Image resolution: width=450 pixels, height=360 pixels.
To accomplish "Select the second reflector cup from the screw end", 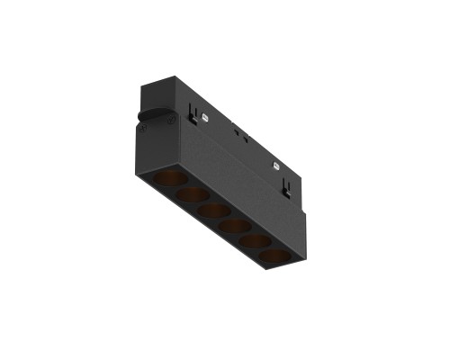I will point(190,196).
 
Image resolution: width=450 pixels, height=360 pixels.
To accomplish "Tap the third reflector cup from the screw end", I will point(212,211).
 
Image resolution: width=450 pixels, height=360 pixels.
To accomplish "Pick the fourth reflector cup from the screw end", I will point(236,225).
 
